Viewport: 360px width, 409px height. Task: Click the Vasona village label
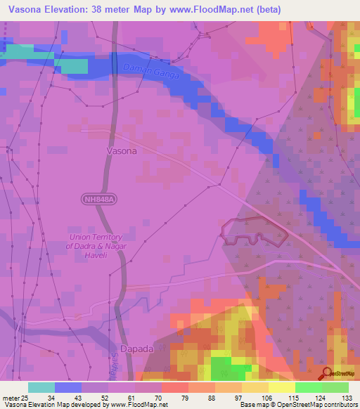coord(121,150)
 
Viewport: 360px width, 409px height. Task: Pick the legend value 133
coord(348,398)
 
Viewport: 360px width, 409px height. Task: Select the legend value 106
coord(266,398)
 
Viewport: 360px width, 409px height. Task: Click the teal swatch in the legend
coord(41,387)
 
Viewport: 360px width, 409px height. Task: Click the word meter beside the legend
coord(10,398)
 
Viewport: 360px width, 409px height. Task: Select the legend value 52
coord(105,398)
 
